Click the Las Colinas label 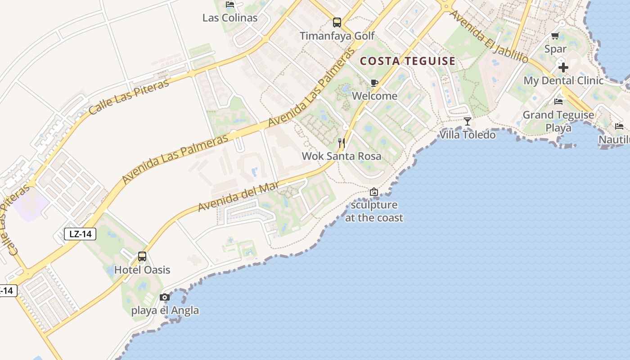[x=230, y=18]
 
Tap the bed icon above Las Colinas [x=230, y=5]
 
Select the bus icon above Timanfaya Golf [x=337, y=22]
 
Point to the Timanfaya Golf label [x=337, y=36]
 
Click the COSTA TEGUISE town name [x=408, y=61]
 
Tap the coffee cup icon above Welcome [x=374, y=83]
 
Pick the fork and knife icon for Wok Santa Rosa [x=342, y=143]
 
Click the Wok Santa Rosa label [x=342, y=156]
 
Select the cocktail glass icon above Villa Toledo [x=468, y=121]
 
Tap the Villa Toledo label [x=468, y=135]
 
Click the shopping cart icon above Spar [x=555, y=36]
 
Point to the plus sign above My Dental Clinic [x=563, y=67]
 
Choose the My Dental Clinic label [x=563, y=81]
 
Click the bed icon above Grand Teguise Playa [x=558, y=102]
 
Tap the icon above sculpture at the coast [x=373, y=192]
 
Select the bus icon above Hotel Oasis [x=142, y=256]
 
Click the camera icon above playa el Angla [x=165, y=297]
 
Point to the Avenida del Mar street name [x=238, y=197]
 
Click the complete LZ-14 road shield [x=80, y=234]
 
